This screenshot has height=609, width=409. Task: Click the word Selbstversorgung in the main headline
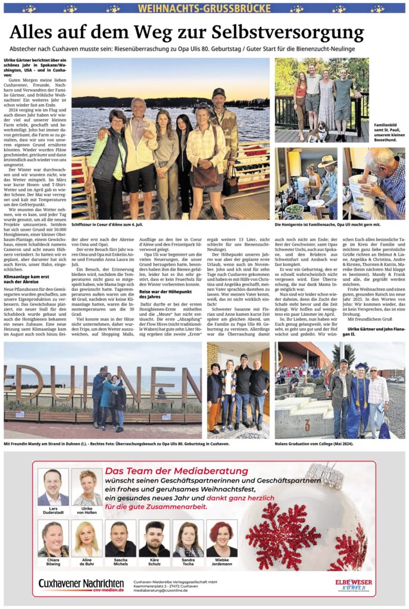[x=298, y=32]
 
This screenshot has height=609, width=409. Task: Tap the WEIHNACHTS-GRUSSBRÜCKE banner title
[x=204, y=8]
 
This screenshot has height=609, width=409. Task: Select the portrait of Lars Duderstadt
[x=53, y=486]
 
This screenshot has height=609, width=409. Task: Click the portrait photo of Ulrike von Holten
[x=87, y=486]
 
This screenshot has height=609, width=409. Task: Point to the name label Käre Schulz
[x=154, y=563]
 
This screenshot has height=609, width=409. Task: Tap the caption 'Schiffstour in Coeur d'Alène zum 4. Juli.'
[x=106, y=225]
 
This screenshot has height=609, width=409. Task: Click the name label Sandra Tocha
[x=188, y=563]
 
